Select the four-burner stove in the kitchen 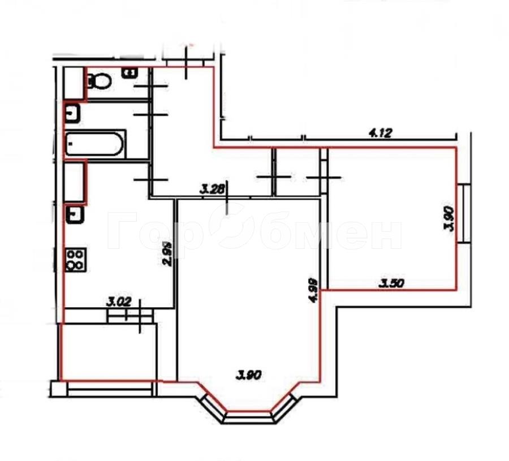[76, 260]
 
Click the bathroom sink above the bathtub [73, 114]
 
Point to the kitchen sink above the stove [75, 214]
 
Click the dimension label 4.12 [381, 133]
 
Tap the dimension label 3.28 [212, 189]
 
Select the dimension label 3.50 [392, 283]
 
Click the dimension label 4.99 [313, 290]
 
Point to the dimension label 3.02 [119, 302]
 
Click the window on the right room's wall [464, 214]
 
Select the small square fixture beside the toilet [130, 72]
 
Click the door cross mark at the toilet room [150, 86]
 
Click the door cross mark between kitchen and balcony [140, 315]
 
